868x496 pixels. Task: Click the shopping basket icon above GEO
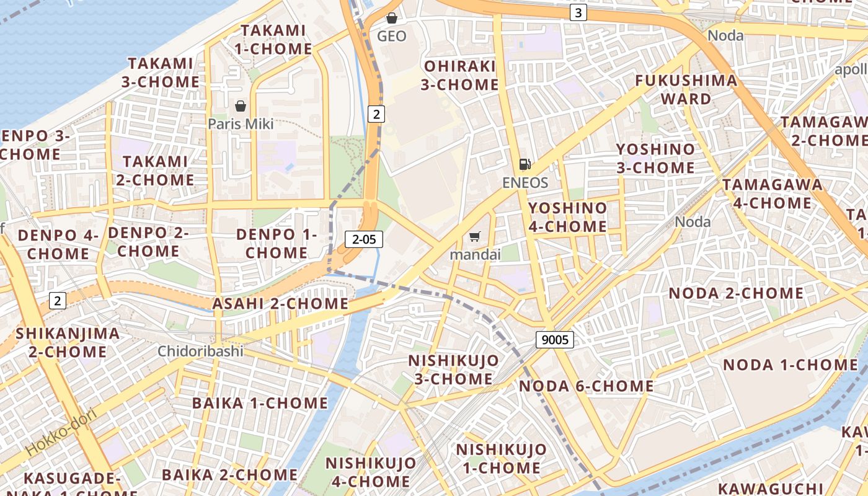392,18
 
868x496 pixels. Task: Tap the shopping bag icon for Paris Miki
241,106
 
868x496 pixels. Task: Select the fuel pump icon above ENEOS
525,164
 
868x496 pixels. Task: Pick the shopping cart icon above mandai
475,236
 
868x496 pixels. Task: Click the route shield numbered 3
578,12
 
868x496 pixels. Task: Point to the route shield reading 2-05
364,239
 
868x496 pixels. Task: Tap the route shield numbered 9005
555,339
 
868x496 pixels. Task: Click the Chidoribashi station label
200,351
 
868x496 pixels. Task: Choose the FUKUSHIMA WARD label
686,89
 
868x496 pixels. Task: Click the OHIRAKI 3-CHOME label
459,75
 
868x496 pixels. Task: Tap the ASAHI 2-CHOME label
280,304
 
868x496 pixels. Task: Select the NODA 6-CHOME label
586,386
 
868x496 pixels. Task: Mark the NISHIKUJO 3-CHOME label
453,370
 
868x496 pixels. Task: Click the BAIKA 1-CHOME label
260,403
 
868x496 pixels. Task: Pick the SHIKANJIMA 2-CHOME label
68,342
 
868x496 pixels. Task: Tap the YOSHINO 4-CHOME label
567,217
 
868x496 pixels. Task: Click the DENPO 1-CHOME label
277,244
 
